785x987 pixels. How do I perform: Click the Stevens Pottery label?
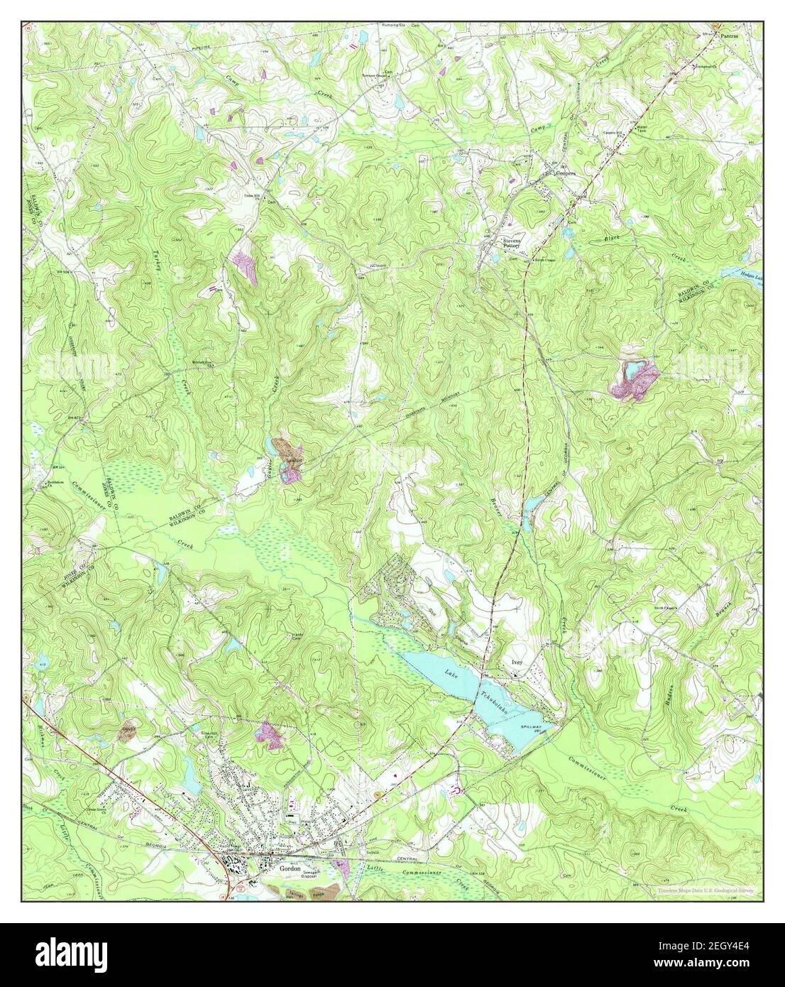tap(512, 244)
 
